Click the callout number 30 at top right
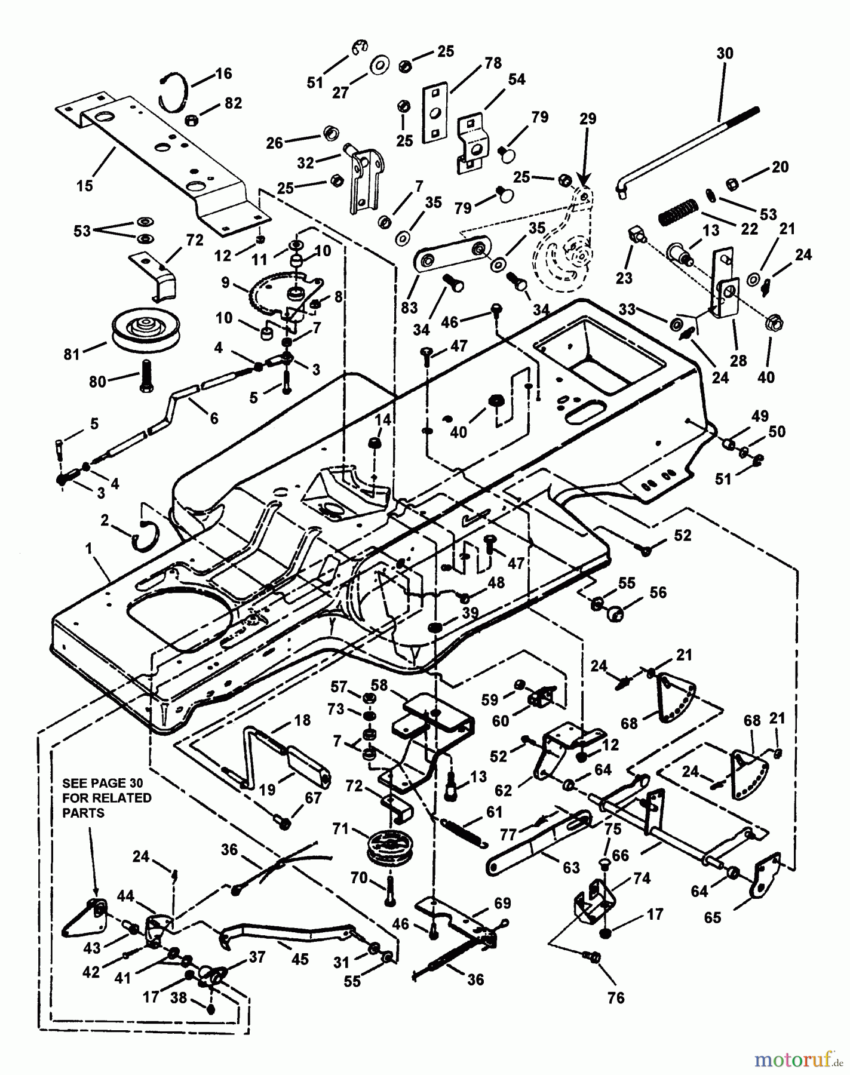(x=724, y=53)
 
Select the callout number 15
(x=85, y=185)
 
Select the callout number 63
(x=571, y=867)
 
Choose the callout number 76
(x=615, y=997)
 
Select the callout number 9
(x=225, y=282)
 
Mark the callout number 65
(x=713, y=917)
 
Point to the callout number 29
(x=588, y=119)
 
